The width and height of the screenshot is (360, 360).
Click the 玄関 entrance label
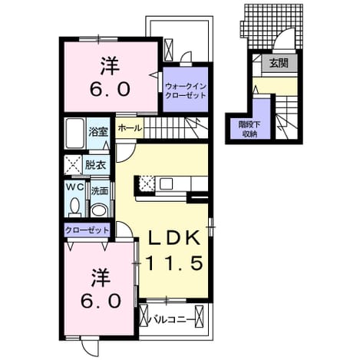pos(279,63)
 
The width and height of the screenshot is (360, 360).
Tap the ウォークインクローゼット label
pos(186,91)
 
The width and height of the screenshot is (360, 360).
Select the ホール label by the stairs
pos(130,127)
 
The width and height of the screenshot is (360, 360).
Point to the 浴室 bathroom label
pos(98,132)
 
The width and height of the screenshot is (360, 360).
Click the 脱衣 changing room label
pos(95,165)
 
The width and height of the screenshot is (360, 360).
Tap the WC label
pos(75,187)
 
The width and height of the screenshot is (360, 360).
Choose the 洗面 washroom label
pos(100,191)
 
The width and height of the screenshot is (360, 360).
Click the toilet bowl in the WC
pos(75,206)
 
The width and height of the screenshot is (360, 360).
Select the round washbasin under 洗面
pos(99,210)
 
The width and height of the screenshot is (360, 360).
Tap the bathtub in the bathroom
pos(74,134)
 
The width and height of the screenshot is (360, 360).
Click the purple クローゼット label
pos(87,230)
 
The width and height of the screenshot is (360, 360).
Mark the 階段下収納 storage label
pos(249,129)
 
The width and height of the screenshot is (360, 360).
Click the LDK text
pos(175,238)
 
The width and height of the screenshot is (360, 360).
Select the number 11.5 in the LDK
pos(174,263)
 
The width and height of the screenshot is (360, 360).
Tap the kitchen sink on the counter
pos(166,183)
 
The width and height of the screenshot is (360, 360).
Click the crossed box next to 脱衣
pos(73,165)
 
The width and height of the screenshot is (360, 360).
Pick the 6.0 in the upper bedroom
pos(110,89)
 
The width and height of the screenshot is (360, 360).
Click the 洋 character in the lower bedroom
pos(101,278)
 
